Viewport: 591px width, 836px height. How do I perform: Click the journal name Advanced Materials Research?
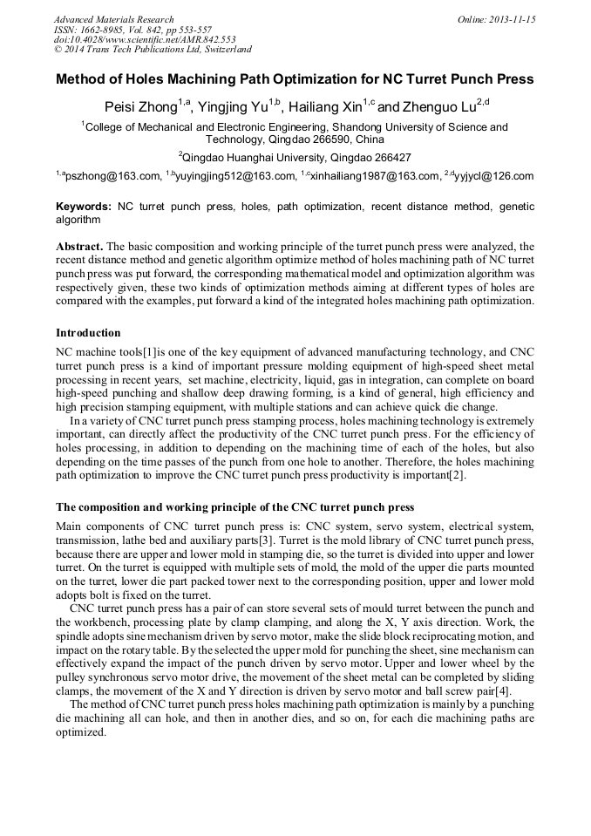(113, 19)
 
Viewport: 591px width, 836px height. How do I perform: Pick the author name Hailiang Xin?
(328, 107)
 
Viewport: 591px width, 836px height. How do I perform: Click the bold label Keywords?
(83, 207)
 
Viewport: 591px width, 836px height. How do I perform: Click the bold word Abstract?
(80, 247)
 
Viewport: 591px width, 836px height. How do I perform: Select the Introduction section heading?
(88, 333)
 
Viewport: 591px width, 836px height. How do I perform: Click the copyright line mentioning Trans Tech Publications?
(153, 50)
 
